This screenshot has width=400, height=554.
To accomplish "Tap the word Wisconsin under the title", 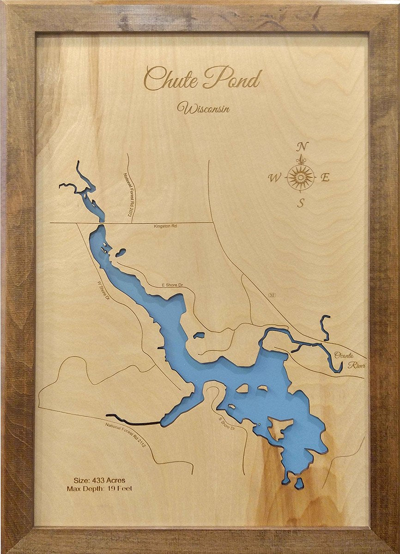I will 204,108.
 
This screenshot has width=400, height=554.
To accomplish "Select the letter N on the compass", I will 302,147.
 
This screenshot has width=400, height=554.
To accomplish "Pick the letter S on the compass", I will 301,203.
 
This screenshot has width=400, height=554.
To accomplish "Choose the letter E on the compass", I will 325,177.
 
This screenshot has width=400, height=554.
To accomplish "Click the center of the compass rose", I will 301,177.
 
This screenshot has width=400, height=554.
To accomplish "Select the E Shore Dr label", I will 172,286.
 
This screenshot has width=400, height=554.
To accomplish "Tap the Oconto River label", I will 350,360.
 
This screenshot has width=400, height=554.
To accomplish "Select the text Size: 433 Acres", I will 99,480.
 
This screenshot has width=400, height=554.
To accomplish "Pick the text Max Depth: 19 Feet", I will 99,488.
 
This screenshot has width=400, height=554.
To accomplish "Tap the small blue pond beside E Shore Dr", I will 199,335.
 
